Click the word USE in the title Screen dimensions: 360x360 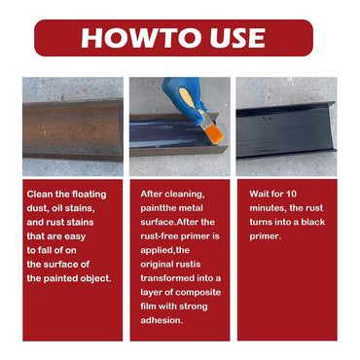point(237,38)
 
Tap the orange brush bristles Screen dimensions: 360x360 point(215,133)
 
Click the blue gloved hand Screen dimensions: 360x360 point(184,97)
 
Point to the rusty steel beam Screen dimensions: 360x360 point(73,129)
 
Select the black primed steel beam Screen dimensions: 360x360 point(286,129)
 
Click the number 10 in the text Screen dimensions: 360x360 point(291,194)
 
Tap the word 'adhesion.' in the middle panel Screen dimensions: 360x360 point(162,320)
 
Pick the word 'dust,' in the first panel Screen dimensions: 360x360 point(38,208)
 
